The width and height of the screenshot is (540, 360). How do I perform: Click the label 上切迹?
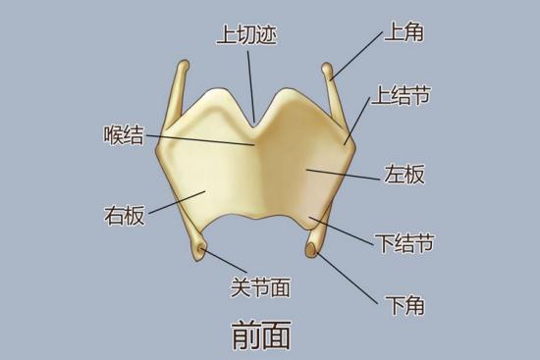click(246, 36)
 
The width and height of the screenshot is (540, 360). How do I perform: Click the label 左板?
click(404, 176)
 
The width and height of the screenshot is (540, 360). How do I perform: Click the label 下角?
click(404, 305)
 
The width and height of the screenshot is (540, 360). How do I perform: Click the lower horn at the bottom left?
click(200, 253)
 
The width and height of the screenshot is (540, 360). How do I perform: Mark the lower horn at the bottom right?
click(313, 252)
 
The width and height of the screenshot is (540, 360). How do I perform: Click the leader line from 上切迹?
click(250, 83)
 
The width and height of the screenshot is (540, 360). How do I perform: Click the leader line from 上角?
click(358, 55)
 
